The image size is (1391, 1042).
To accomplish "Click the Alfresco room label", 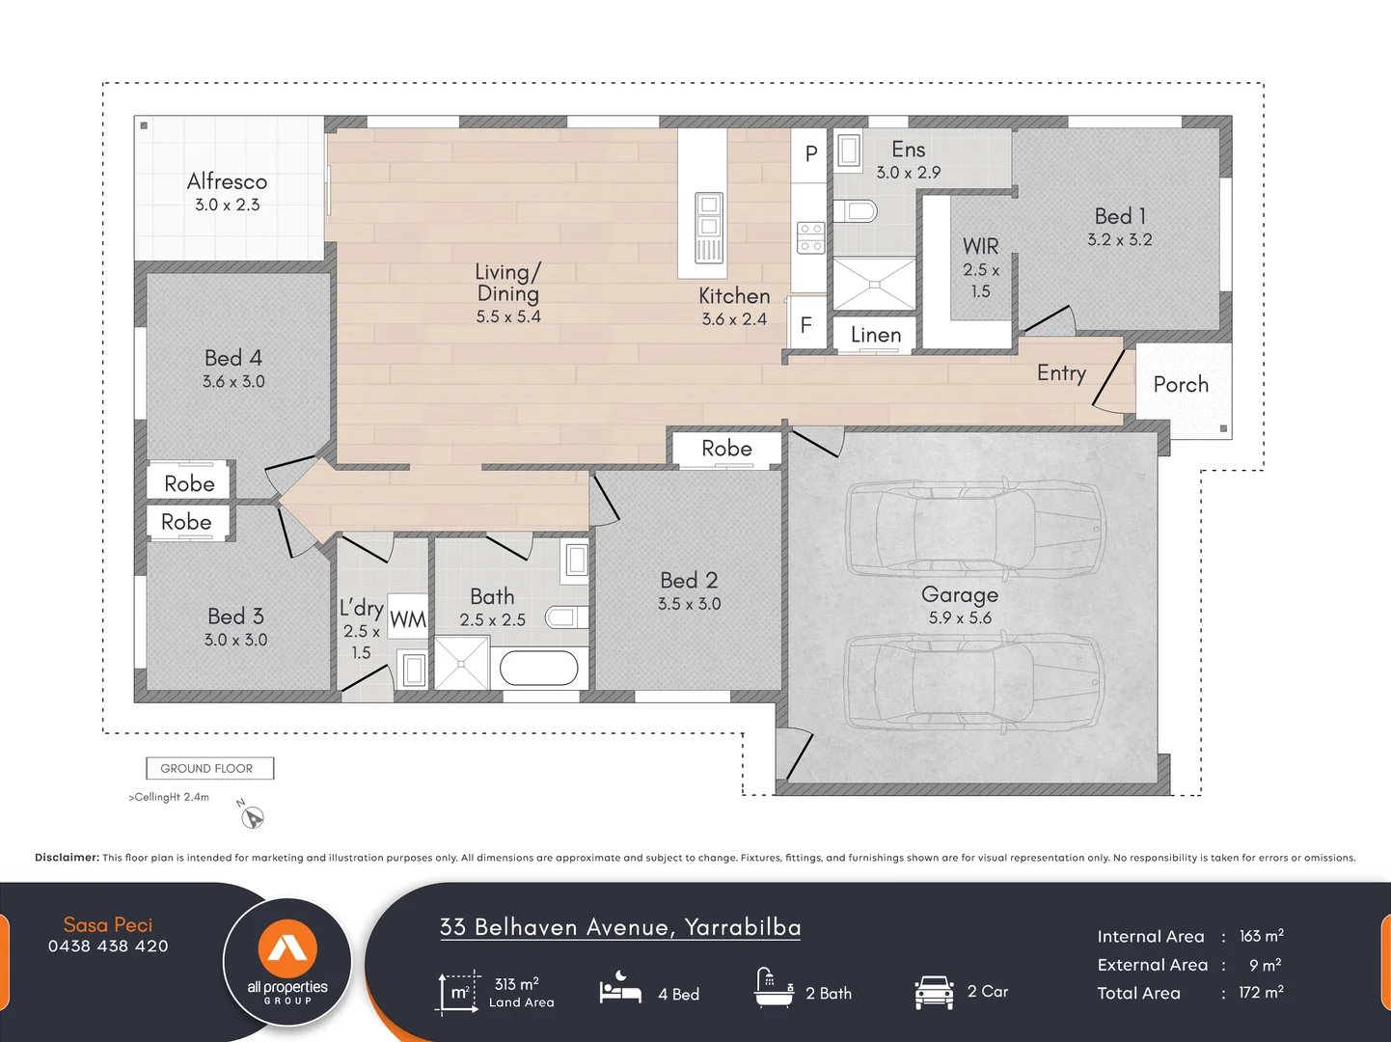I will [227, 181].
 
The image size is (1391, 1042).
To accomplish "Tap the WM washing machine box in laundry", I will [407, 619].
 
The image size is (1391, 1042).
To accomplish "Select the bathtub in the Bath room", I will [539, 668].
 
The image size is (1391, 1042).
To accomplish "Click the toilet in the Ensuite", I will [855, 210].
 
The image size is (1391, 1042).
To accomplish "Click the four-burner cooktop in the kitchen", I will [810, 238].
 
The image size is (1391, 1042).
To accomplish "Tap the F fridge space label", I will [806, 326].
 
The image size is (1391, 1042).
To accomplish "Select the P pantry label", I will [810, 153].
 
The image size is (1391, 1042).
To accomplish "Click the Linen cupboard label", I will [875, 335].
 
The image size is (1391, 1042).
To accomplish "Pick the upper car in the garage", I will [974, 529].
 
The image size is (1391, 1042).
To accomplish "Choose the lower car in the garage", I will [974, 681].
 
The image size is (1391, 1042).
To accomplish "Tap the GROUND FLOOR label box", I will [209, 768].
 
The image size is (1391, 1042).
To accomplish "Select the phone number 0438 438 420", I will [108, 946].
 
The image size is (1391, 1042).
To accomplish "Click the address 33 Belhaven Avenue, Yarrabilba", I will [620, 927].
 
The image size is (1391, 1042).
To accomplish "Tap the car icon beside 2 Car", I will [934, 992].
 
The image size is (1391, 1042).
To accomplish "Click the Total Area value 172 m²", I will [1261, 993].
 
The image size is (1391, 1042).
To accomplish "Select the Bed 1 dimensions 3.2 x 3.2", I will [1119, 239].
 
